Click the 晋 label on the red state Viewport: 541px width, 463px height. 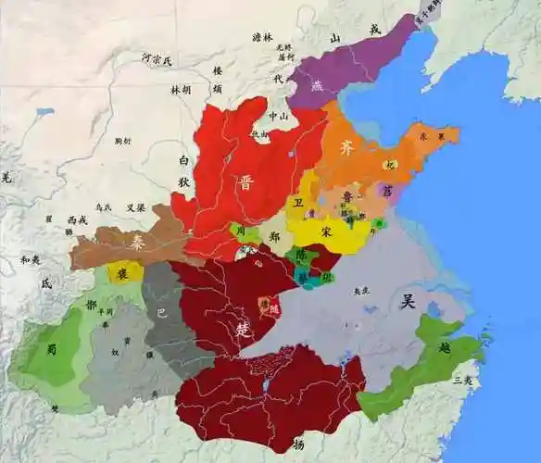(x=245, y=181)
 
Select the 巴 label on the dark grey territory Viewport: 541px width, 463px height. (x=163, y=312)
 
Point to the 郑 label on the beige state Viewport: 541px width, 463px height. (x=273, y=237)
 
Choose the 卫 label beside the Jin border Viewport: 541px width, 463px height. (x=297, y=201)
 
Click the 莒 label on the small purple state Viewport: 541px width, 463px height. (x=386, y=188)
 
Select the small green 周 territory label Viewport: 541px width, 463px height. (x=244, y=230)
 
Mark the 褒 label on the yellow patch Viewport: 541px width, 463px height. (x=122, y=272)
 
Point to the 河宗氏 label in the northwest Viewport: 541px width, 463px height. (x=157, y=59)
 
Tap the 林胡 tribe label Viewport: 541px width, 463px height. (x=181, y=91)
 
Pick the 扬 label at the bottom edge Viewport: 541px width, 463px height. (x=298, y=444)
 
